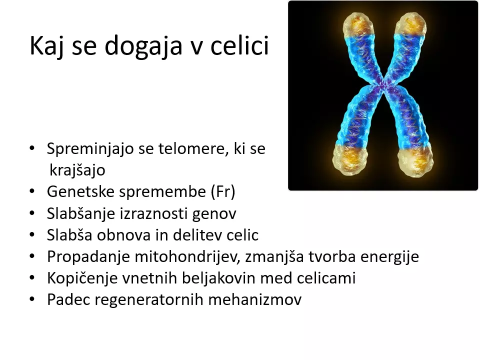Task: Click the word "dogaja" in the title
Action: pos(143,45)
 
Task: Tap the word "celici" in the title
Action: pos(239,45)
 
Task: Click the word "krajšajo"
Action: pos(77,170)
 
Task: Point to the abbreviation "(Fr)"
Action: pos(223,192)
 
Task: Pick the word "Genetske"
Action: pos(80,191)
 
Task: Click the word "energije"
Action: pos(389,256)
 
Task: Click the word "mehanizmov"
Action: pos(255,299)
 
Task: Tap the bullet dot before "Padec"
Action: pos(32,299)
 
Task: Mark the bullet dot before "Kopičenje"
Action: pos(32,278)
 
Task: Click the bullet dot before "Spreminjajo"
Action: pos(32,148)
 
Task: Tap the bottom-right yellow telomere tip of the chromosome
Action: pos(415,160)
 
